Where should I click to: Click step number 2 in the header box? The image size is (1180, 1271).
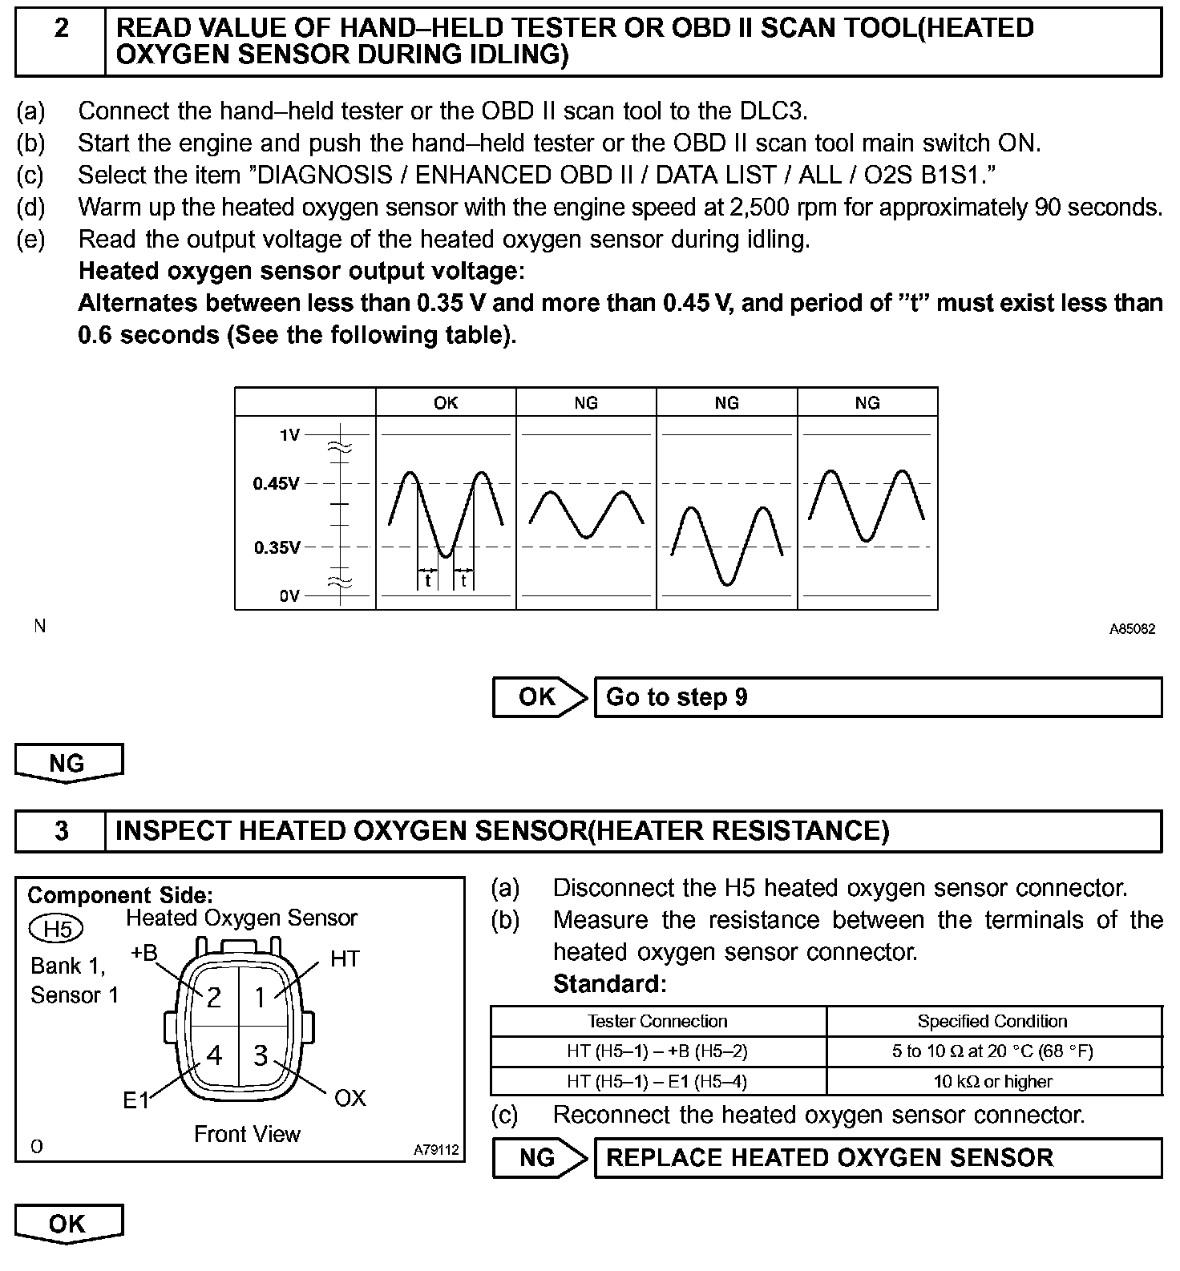click(61, 29)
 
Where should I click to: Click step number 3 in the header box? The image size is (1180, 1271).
click(61, 830)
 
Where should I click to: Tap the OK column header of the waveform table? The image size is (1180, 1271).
click(446, 402)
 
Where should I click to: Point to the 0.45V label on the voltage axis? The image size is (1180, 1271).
click(277, 483)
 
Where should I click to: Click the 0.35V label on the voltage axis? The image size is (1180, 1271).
click(277, 547)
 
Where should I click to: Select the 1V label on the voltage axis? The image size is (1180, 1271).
click(289, 435)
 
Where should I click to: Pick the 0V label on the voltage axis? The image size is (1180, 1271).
click(289, 595)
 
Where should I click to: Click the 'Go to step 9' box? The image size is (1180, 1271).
click(878, 696)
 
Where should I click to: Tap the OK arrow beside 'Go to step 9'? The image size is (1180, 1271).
click(539, 696)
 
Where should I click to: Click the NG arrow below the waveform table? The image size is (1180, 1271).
click(69, 763)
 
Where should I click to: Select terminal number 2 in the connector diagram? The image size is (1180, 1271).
click(214, 997)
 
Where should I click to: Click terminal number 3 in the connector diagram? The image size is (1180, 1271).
click(260, 1055)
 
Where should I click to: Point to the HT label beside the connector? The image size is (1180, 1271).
click(345, 958)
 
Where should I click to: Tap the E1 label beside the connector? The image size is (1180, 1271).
click(136, 1100)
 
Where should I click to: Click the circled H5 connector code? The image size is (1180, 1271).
click(56, 929)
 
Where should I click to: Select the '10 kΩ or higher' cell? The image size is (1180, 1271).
click(992, 1081)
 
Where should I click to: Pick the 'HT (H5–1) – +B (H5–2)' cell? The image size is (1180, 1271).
click(657, 1051)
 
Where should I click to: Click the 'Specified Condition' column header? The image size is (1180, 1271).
click(992, 1021)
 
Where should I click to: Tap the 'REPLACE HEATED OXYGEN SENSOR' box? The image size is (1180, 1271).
click(878, 1157)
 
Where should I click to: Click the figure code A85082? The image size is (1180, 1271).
click(1132, 629)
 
